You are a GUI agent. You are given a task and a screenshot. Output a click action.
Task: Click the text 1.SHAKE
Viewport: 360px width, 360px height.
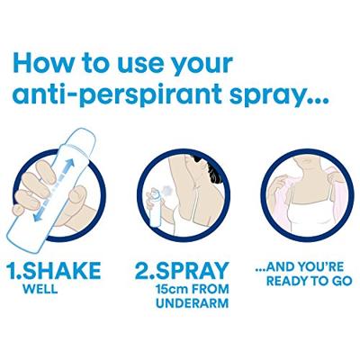(x=57, y=271)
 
